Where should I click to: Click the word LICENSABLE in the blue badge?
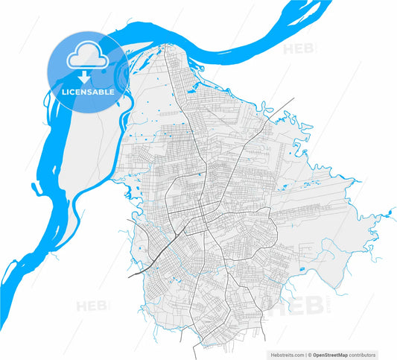tap(88, 92)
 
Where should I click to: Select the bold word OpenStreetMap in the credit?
tap(334, 354)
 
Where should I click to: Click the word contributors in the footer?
tap(363, 354)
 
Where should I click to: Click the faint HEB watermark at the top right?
tap(300, 49)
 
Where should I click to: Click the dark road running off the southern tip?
tap(195, 350)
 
